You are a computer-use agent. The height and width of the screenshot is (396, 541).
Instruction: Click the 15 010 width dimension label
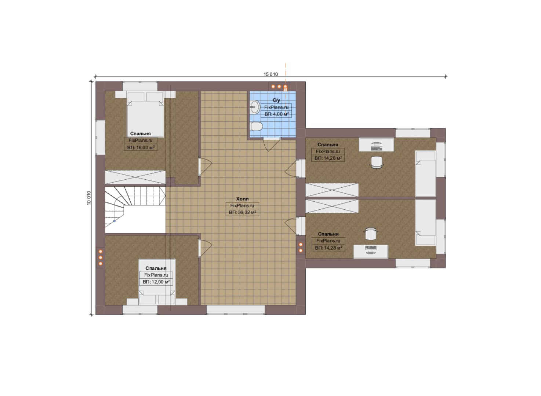(270, 74)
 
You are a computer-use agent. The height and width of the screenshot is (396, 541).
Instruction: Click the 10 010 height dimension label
(89, 198)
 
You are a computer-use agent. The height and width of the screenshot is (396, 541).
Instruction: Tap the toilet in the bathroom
(256, 126)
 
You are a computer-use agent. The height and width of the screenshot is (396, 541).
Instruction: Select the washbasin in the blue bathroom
(255, 107)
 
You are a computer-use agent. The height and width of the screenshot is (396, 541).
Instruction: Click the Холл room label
(242, 199)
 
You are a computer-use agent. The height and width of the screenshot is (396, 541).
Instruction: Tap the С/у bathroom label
(276, 100)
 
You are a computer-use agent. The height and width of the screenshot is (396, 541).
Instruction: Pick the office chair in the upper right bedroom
(377, 162)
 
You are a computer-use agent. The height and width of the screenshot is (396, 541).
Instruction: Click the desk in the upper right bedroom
(377, 145)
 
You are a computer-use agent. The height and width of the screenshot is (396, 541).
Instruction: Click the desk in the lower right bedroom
(371, 252)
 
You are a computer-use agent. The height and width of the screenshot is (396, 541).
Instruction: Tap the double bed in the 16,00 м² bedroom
(145, 114)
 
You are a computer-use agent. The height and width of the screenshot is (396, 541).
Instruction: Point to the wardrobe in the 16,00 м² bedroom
(135, 177)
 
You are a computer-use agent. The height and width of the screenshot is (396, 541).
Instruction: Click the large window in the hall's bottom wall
(236, 310)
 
